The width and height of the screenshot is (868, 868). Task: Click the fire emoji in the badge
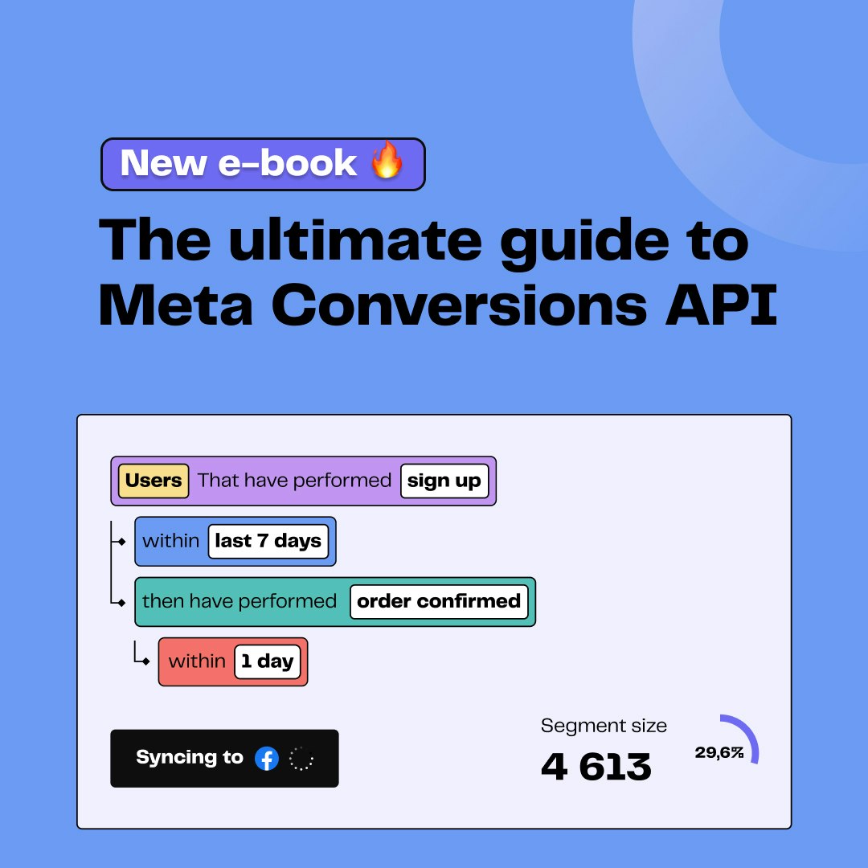[387, 159]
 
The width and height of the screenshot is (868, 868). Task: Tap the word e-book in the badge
[288, 163]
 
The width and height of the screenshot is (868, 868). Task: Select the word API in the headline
[721, 305]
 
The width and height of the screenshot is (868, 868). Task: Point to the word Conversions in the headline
[460, 305]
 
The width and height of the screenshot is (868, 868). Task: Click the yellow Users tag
[154, 481]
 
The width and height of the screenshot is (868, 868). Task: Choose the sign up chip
[444, 481]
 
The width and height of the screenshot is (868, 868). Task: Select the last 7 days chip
[268, 541]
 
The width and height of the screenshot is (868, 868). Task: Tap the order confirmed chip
[439, 601]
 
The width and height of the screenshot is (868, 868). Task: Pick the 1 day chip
[268, 661]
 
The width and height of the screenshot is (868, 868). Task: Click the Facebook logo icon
[267, 759]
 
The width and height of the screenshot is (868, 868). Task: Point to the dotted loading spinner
[301, 759]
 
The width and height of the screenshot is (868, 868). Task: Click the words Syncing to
[190, 757]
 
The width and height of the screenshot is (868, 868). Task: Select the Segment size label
[604, 726]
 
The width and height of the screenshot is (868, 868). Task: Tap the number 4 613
[596, 768]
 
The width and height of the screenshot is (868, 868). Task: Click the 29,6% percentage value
[719, 752]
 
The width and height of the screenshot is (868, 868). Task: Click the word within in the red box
[197, 661]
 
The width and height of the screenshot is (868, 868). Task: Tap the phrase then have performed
[240, 601]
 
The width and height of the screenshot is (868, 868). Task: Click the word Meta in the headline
[175, 305]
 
